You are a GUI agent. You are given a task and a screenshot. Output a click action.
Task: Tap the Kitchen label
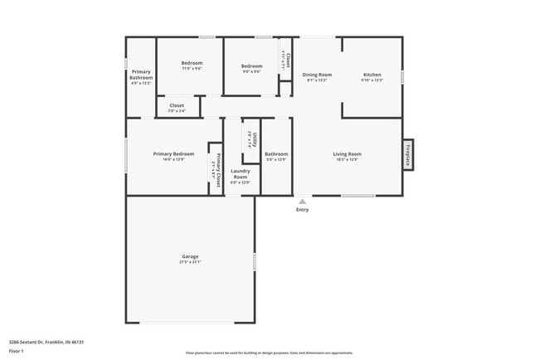[x=371, y=75]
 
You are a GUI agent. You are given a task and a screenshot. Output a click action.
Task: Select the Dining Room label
[x=317, y=75]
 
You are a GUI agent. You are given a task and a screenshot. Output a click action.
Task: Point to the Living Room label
[x=347, y=153]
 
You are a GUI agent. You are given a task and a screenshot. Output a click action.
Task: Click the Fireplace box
[x=408, y=154]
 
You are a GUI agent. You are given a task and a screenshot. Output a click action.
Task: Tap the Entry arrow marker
[x=302, y=200]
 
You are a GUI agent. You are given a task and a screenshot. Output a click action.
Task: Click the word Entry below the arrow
[x=302, y=209]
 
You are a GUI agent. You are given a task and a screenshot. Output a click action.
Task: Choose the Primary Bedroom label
[x=173, y=153]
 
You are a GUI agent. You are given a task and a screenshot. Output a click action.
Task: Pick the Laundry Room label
[x=240, y=173]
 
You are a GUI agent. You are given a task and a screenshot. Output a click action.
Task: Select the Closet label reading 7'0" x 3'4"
[x=177, y=105]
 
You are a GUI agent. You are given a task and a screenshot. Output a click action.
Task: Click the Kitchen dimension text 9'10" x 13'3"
[x=371, y=80]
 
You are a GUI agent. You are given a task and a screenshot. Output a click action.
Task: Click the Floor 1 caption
[x=17, y=351]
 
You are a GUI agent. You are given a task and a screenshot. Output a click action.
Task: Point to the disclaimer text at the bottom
[x=269, y=353]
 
